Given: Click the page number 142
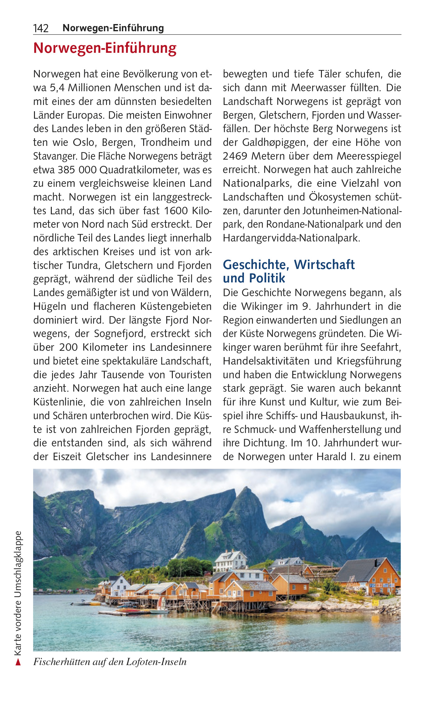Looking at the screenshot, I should click(41, 28).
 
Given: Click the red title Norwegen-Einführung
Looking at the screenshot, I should click(105, 48).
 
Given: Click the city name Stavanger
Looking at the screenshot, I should click(55, 156).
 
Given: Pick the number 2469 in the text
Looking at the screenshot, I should click(236, 156).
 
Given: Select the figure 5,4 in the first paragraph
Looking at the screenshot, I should click(57, 88).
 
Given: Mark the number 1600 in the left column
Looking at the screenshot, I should click(176, 211).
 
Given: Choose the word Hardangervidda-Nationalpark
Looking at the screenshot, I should click(291, 238).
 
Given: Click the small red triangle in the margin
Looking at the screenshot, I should click(18, 662).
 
